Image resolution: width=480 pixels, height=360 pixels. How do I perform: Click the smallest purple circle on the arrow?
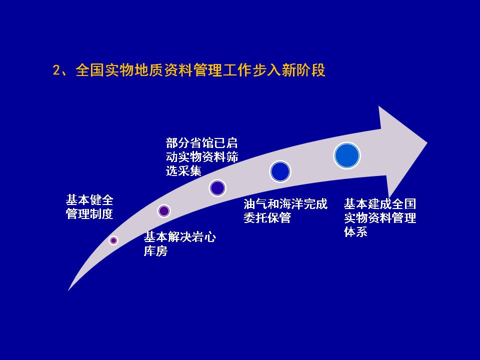coord(113,240)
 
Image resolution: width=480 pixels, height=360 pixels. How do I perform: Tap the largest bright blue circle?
coord(347,155)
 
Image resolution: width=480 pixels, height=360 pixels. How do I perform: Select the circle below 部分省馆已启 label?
coord(217,188)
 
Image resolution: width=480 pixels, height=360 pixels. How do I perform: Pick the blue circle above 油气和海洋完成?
coord(280,171)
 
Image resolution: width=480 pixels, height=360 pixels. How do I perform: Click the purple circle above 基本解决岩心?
coord(164,211)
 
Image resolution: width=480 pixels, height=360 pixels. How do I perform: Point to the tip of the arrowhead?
coord(427,142)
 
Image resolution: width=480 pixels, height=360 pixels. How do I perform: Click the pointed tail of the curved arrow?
coord(68,290)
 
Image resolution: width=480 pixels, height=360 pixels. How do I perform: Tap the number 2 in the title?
coord(56,70)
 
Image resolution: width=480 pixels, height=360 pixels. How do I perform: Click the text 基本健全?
coord(89,200)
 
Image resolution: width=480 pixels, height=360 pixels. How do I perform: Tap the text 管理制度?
coord(89,214)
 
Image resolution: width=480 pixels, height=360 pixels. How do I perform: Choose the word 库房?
coord(156,250)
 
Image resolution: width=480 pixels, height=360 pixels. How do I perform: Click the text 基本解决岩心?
coord(180,237)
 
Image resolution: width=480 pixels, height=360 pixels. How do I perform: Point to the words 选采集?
coord(183,170)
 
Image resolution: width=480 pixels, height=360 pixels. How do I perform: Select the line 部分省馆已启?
coord(201,142)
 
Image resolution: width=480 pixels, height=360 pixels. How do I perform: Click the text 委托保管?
coord(267,217)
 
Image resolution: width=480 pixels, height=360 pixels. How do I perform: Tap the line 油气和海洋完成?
coord(285,204)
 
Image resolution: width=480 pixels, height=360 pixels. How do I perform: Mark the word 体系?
coord(355,231)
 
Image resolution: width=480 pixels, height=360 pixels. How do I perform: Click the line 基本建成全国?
coord(380,203)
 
